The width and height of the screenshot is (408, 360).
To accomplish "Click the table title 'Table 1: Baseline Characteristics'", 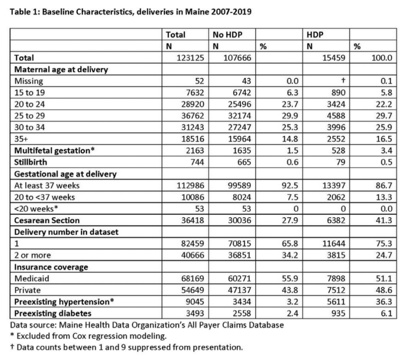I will coord(130,12).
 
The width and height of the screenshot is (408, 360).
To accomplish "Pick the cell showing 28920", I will coord(192,104).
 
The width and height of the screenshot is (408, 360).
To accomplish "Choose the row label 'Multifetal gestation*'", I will coord(54,151).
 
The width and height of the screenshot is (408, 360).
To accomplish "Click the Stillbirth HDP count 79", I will coord(340,162).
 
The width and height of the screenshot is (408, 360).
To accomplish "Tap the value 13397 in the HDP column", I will coord(332,185).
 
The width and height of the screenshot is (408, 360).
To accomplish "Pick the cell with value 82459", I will coord(192,244).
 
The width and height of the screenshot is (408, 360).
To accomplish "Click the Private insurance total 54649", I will coord(192,290).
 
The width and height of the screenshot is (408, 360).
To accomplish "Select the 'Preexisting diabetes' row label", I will coord(53,313).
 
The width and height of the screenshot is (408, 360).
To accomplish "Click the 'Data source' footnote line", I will coord(147,324).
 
